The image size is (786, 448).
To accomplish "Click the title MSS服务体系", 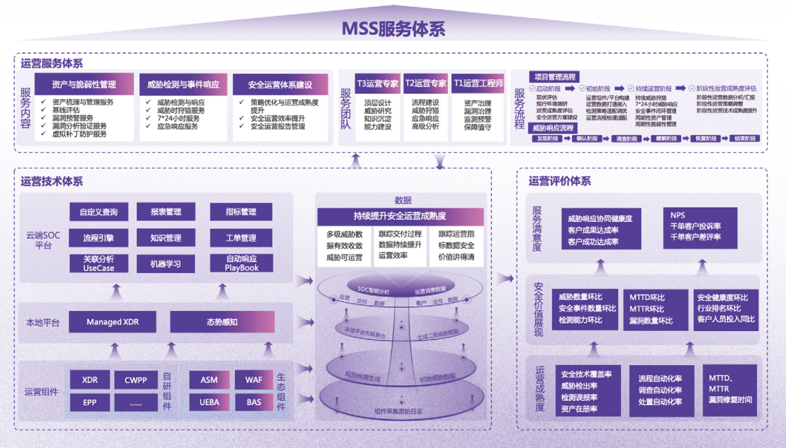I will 393,28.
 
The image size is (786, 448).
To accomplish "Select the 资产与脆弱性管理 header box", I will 84,84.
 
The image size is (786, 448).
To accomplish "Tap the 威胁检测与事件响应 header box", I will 183,84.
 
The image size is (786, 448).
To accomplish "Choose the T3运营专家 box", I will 377,84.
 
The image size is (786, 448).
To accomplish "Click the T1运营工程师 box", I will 478,84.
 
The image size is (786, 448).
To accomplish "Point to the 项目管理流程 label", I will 554,77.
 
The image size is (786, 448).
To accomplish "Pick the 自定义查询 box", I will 98,212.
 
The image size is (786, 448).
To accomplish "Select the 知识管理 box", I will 165,238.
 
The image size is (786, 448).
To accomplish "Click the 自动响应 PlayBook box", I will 241,263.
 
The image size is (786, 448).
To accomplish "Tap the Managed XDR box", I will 113,322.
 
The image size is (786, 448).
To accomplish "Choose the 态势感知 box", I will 222,322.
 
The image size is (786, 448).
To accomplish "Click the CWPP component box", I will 135,380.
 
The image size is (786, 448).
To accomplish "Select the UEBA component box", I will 209,402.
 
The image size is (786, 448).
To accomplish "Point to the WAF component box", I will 254,380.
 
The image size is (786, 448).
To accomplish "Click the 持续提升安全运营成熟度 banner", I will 392,216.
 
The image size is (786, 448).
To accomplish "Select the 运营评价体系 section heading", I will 559,181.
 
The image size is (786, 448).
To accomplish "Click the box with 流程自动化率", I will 660,391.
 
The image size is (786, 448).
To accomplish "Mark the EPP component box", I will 90,402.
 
